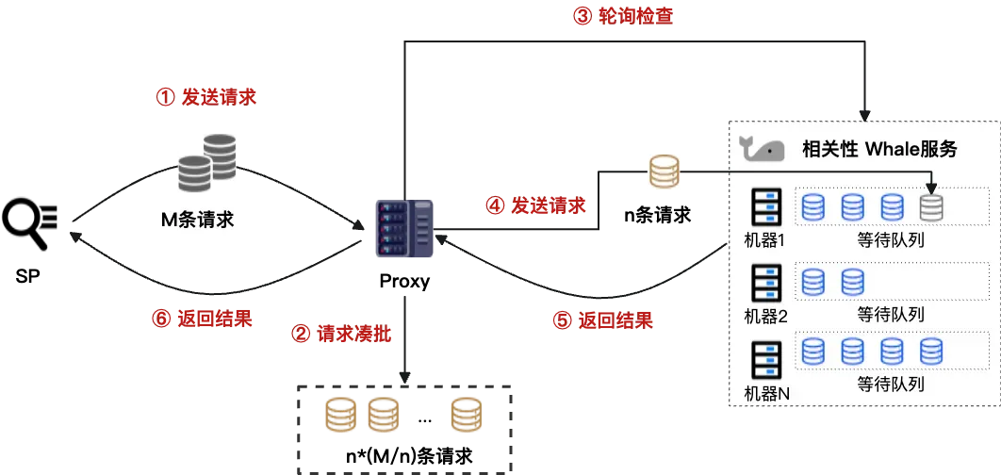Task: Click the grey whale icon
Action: coord(763,149)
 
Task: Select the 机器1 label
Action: coord(764,240)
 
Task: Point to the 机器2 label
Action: coord(764,316)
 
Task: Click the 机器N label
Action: coord(765,393)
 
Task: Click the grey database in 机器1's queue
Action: coord(931,206)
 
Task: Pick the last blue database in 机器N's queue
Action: coord(931,352)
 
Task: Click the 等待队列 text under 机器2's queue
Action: coord(890,314)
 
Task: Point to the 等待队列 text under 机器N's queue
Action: coord(890,385)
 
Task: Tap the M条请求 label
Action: coord(197,220)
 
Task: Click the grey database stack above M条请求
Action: coord(206,161)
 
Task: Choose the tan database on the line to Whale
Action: coord(662,172)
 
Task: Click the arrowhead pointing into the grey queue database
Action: coord(931,188)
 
